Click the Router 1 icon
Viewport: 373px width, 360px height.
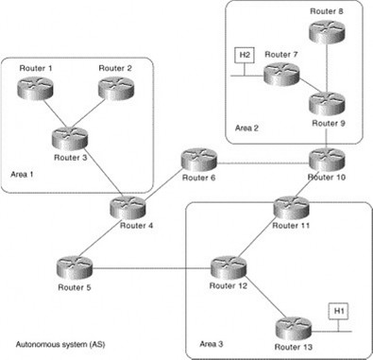[x=35, y=87]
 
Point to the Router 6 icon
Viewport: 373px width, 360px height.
[x=198, y=158]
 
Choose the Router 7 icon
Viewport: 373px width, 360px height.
[x=281, y=74]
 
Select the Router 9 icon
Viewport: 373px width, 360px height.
[x=327, y=101]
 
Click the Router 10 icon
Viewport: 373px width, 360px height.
[x=327, y=158]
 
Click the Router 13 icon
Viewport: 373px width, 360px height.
[x=292, y=328]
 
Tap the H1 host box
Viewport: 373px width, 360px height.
[x=338, y=311]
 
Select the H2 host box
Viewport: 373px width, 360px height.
[x=244, y=56]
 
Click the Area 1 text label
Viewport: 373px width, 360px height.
[x=22, y=174]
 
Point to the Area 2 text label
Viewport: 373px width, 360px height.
[x=248, y=126]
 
